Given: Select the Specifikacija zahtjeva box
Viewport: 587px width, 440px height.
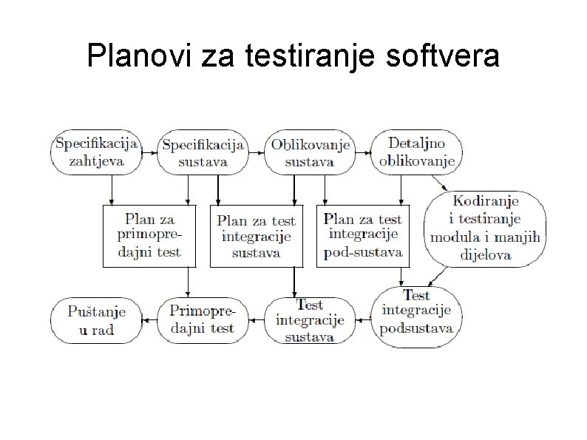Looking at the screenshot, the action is (x=96, y=152).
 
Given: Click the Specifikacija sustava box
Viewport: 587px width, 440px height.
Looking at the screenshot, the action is (x=203, y=153).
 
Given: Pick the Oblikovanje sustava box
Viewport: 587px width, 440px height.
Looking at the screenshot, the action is (x=310, y=153).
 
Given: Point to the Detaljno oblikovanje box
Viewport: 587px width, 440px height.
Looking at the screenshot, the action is (x=416, y=152).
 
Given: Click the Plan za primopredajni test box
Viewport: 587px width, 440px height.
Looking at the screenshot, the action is (x=149, y=236).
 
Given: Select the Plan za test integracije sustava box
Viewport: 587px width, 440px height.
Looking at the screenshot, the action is (x=257, y=236).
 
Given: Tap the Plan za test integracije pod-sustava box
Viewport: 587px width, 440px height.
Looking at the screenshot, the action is (x=363, y=236).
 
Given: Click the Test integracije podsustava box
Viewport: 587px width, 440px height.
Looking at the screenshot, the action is (x=416, y=316).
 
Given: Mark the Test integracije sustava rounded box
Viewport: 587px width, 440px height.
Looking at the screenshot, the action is (x=310, y=319).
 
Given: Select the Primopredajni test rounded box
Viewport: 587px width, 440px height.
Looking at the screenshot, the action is (x=202, y=319).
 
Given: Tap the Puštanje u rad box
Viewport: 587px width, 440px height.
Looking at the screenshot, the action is (x=96, y=320).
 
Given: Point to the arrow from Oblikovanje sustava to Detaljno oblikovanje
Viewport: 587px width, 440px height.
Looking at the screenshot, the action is (x=362, y=152).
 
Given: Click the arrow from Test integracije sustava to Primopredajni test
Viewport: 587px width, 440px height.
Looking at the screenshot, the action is (x=256, y=320).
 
